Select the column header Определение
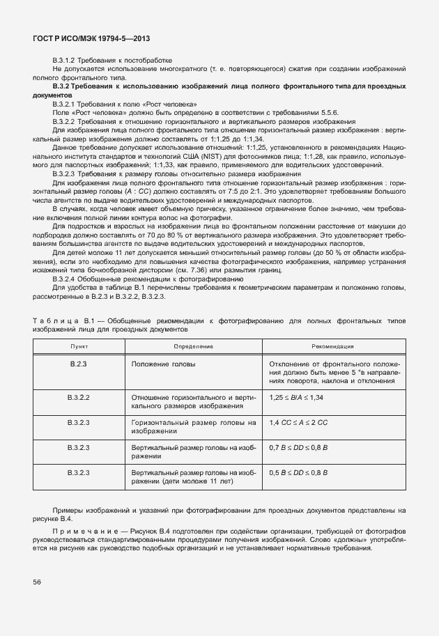click(193, 346)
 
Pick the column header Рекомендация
click(333, 346)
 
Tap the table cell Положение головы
click(163, 364)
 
